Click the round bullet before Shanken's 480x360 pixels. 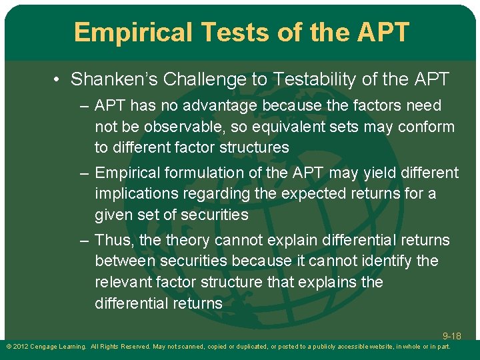click(x=58, y=80)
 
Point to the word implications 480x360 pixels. click(x=138, y=194)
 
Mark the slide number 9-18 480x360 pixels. click(x=451, y=336)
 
